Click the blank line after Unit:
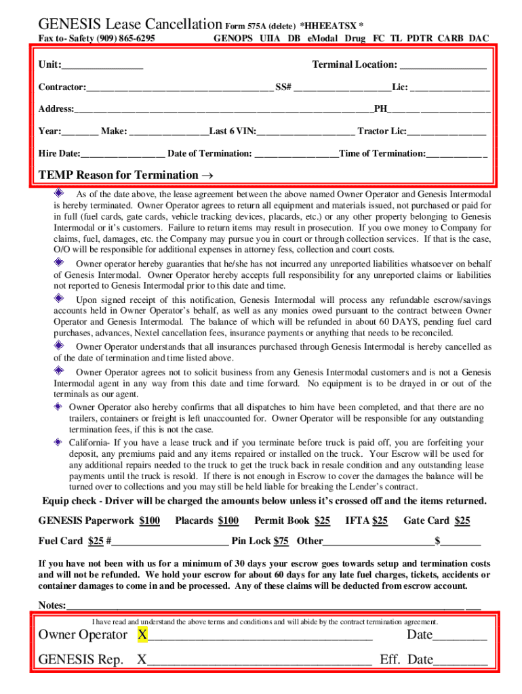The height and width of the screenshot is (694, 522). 102,66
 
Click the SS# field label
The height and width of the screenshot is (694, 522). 283,87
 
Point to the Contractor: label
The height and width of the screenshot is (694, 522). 62,87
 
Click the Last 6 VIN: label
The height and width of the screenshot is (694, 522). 233,131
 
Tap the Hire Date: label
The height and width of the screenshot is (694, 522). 59,153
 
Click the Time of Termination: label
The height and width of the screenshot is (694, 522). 382,153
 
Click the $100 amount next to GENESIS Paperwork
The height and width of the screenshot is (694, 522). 149,520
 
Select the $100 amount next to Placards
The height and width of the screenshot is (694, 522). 228,520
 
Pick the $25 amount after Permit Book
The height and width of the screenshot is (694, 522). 322,520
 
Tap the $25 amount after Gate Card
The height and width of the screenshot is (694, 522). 462,520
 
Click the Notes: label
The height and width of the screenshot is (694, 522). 52,605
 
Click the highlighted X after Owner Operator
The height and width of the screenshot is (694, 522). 142,635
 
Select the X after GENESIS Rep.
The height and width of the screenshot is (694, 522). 142,659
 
